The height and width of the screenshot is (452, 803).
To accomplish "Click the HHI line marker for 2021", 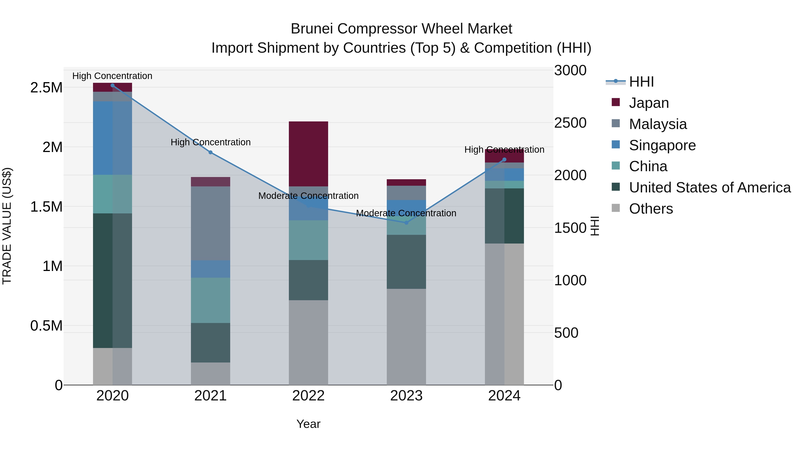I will click(210, 152).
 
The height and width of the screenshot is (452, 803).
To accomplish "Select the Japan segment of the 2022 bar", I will click(308, 154).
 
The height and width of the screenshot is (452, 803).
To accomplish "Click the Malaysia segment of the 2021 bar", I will click(210, 223).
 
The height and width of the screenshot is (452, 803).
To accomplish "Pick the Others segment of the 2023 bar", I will click(406, 337).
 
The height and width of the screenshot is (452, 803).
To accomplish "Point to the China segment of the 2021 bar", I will click(210, 300).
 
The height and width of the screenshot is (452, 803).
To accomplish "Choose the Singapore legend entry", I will click(662, 145).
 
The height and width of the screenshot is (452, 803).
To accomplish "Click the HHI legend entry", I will click(641, 82).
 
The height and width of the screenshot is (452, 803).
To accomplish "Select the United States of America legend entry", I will click(710, 187).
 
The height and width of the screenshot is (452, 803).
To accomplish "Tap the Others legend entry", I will click(651, 209).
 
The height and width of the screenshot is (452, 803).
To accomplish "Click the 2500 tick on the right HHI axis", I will click(570, 123).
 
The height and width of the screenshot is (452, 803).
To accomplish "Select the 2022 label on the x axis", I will click(308, 396).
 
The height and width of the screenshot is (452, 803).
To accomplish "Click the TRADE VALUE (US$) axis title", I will click(7, 226).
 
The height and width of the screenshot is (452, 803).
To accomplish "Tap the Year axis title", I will click(308, 424).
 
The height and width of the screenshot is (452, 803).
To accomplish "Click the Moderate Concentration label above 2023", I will click(406, 213).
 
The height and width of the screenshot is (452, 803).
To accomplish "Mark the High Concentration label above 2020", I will click(112, 76).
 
